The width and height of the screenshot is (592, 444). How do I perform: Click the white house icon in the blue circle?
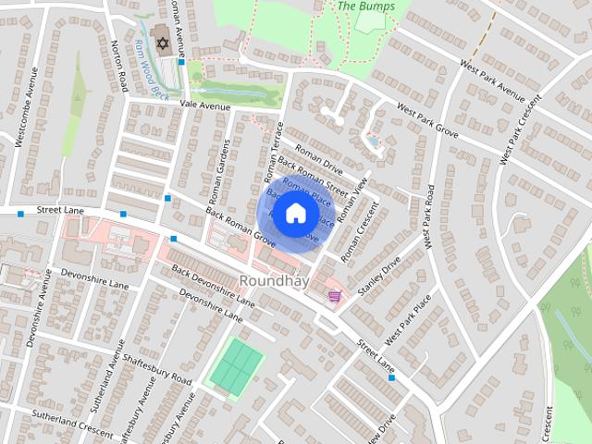tap(295, 214)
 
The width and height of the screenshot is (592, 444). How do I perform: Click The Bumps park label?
tap(366, 6)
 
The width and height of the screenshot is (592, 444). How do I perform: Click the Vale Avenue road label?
tap(204, 106)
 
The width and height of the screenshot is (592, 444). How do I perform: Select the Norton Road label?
tap(118, 66)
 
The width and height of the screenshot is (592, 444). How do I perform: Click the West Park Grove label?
tap(427, 121)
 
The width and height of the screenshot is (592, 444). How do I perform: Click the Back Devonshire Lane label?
tap(212, 286)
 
